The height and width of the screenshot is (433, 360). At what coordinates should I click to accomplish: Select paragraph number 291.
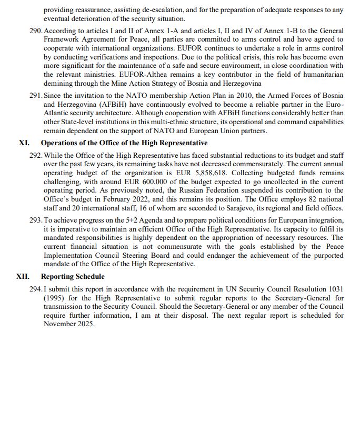pyautogui.click(x=36, y=96)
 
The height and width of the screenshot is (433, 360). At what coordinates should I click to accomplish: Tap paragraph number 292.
pyautogui.click(x=36, y=156)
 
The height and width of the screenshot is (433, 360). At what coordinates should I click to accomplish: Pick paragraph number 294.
pyautogui.click(x=36, y=289)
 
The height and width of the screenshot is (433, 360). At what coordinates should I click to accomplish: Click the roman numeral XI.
pyautogui.click(x=24, y=143)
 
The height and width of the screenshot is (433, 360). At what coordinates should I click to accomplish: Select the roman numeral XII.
pyautogui.click(x=23, y=277)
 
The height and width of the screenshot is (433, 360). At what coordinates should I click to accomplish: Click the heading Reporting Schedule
pyautogui.click(x=73, y=277)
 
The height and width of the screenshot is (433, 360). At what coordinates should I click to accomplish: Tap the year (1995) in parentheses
pyautogui.click(x=55, y=298)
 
